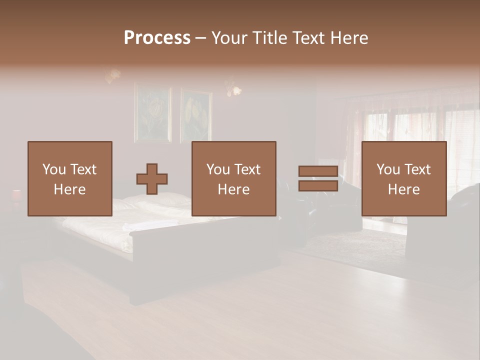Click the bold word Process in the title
tap(157, 38)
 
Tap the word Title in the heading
tap(270, 38)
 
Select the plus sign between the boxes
tap(152, 179)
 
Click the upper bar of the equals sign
tap(318, 171)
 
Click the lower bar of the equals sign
tap(318, 186)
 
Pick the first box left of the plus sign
tap(69, 178)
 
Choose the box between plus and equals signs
tap(233, 178)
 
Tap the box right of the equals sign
tap(403, 178)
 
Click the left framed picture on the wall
tap(152, 114)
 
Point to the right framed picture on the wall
tap(196, 115)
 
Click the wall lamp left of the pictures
tap(113, 76)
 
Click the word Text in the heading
tap(308, 38)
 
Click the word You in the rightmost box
tap(387, 169)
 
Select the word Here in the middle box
tap(233, 189)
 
